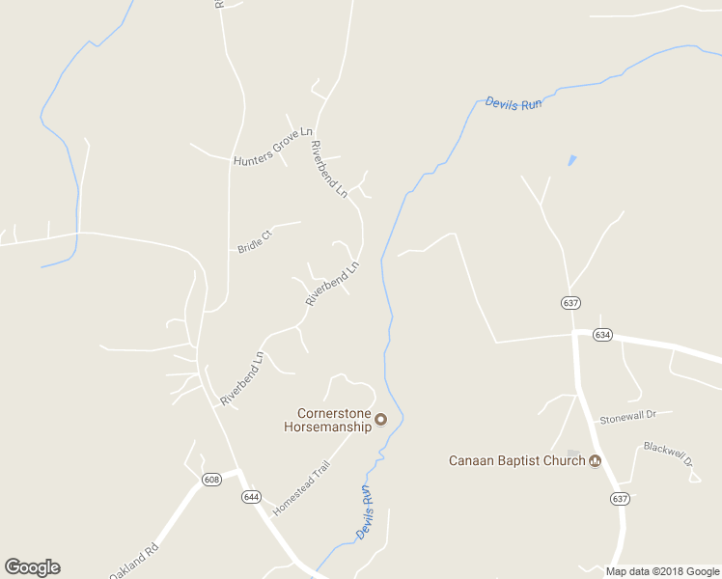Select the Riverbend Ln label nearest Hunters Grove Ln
point(327,169)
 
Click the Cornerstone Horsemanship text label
point(327,420)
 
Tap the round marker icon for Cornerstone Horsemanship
point(380,419)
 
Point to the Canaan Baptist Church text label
point(516,460)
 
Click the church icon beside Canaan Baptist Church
point(596,460)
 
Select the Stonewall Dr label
point(627,416)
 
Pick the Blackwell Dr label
point(669,455)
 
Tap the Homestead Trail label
point(301,486)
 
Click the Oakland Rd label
point(133,564)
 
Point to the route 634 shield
point(602,335)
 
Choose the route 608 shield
point(211,479)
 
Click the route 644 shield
point(251,497)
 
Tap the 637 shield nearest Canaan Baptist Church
point(620,498)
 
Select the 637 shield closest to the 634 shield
point(570,303)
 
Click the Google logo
point(32,567)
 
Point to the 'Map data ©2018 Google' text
point(662,571)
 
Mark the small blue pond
point(572,159)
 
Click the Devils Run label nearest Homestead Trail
point(365,512)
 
